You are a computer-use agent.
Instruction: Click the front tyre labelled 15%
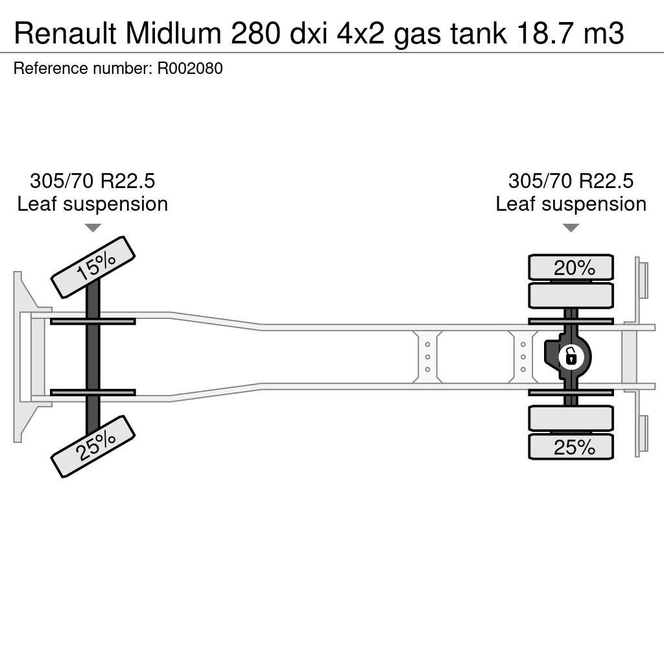[93, 267]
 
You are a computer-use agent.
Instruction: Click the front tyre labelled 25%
[93, 446]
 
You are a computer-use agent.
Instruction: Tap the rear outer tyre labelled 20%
[571, 267]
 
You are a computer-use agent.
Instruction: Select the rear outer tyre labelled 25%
[571, 447]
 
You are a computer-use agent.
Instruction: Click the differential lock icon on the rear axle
[571, 357]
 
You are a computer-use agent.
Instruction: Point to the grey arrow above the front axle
[93, 228]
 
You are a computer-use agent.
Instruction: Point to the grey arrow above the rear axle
[571, 228]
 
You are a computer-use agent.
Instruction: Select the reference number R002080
[190, 69]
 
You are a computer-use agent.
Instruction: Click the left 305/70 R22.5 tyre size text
[93, 181]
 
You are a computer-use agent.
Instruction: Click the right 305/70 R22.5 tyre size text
[571, 181]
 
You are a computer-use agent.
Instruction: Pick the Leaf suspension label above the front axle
[93, 204]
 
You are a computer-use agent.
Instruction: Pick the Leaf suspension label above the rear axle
[571, 204]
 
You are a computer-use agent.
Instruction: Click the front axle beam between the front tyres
[93, 357]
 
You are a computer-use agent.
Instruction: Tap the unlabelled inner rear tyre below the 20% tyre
[571, 296]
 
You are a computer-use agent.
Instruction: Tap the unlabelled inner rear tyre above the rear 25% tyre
[571, 418]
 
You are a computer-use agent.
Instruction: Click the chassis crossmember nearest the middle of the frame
[427, 357]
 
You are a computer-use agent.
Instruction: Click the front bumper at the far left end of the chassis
[25, 357]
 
